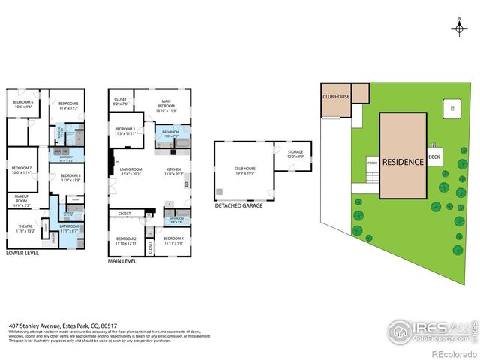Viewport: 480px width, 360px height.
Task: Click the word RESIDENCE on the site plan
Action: click(403, 161)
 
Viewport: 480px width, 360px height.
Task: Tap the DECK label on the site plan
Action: click(433, 157)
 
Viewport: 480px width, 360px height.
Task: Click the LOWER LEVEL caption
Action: click(22, 253)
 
